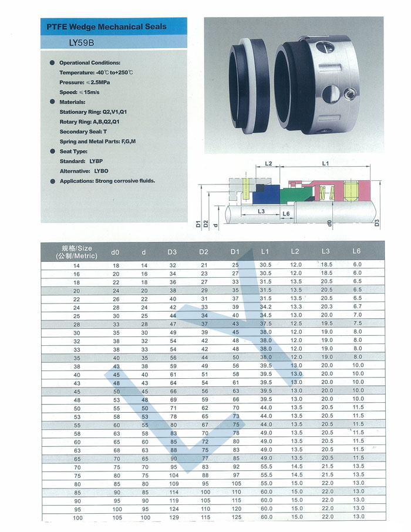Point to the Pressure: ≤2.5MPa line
tap(85, 82)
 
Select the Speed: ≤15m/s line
tap(81, 92)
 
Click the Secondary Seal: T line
tap(83, 132)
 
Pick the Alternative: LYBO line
tap(84, 171)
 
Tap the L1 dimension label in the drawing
tap(326, 163)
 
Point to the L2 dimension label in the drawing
tap(269, 163)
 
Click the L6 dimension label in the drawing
tap(286, 214)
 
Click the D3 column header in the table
tap(172, 252)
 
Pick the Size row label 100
tap(77, 517)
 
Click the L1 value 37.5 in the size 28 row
tap(266, 324)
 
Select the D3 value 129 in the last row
tap(173, 517)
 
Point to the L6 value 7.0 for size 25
tap(358, 315)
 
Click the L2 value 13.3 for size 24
tap(297, 307)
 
